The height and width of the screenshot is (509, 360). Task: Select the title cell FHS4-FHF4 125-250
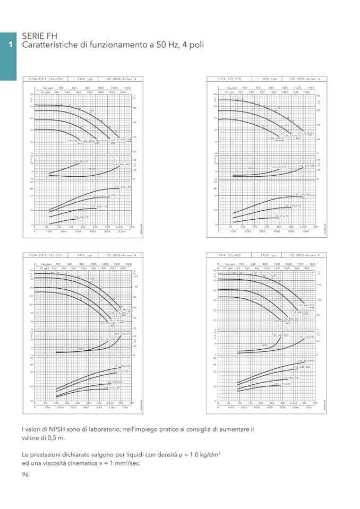point(46,79)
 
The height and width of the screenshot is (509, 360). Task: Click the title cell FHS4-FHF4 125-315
point(46,255)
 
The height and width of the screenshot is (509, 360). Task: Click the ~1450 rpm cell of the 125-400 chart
point(267,255)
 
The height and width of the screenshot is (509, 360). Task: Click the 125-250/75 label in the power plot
point(81,217)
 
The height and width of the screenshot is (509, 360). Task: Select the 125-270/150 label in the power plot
point(302,195)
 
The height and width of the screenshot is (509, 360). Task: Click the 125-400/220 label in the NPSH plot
point(280,335)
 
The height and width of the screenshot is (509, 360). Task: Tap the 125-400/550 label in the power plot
point(306,361)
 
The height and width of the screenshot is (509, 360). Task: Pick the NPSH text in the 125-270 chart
point(252,169)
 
